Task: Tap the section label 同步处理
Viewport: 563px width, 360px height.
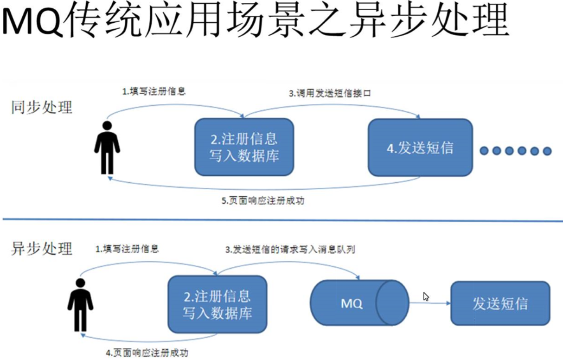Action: [x=42, y=108]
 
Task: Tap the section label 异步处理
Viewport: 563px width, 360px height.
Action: [x=42, y=248]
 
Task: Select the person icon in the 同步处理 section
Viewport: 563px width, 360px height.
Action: [x=107, y=148]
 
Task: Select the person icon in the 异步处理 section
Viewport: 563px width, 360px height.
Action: [x=80, y=305]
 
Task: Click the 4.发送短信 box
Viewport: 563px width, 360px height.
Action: [x=420, y=148]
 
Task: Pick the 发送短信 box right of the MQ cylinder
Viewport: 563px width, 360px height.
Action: [x=500, y=303]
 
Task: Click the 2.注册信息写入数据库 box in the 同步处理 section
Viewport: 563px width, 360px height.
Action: [x=244, y=147]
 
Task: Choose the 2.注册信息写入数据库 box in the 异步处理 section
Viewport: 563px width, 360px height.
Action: [x=217, y=304]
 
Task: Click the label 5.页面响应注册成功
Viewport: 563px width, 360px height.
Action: [x=263, y=201]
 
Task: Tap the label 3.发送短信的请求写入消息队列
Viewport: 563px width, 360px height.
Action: [x=290, y=250]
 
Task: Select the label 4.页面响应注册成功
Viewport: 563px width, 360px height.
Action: [x=147, y=353]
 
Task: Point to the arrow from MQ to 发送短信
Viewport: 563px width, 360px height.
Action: [x=429, y=303]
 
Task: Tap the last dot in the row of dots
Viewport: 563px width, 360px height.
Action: [x=547, y=151]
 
